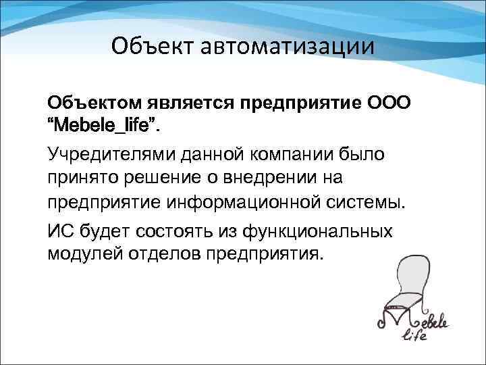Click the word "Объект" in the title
pos(149,47)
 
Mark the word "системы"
pos(373,201)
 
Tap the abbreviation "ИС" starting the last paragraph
pos(58,230)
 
